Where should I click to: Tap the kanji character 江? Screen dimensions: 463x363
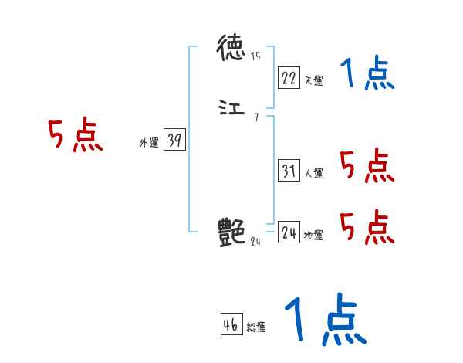(x=231, y=110)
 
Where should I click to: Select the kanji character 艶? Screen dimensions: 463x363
(x=231, y=231)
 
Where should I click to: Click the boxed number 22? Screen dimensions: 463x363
(x=289, y=77)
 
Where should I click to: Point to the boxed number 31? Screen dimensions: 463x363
(x=289, y=171)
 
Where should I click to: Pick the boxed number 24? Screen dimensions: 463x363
(x=289, y=232)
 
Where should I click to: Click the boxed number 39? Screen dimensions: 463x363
(x=174, y=141)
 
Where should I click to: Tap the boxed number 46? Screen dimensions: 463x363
(x=231, y=325)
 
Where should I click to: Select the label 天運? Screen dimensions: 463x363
(x=313, y=80)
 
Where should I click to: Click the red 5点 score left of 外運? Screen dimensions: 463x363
(x=75, y=136)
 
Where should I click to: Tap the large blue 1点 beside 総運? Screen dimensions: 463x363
(x=324, y=321)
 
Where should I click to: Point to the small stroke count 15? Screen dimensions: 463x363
(x=255, y=56)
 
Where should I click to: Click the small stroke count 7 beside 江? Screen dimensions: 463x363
(x=256, y=117)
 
